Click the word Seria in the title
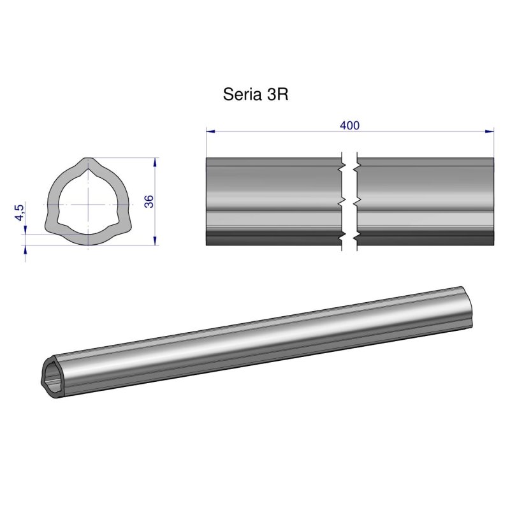[x=240, y=95]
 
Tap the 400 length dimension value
[x=349, y=126]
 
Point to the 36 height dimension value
[x=149, y=202]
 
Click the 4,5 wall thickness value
[x=20, y=212]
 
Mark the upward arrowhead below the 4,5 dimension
[x=25, y=250]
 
